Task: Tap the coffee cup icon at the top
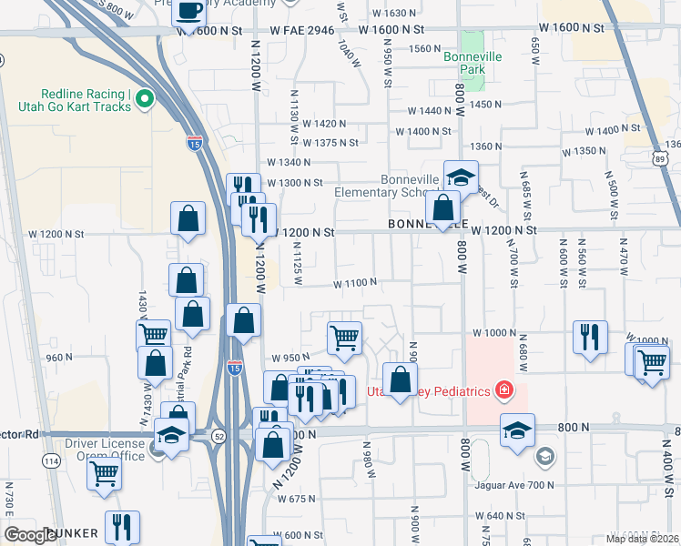[190, 10]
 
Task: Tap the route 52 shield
[219, 437]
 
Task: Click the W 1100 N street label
[355, 282]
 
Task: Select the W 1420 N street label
[325, 123]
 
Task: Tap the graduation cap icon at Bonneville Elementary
[461, 175]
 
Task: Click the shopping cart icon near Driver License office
[105, 472]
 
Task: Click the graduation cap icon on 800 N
[517, 429]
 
